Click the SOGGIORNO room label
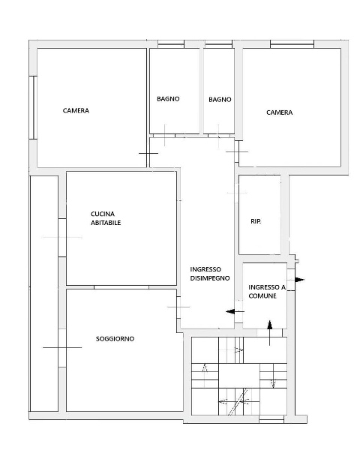point(115,339)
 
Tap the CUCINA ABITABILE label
point(106,218)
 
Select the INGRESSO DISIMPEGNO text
point(210,274)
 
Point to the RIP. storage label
point(256,221)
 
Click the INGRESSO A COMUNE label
point(267,291)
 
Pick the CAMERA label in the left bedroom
point(76,110)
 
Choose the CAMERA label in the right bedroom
point(279,112)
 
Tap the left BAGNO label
point(168,99)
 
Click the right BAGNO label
point(220,100)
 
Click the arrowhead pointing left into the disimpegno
point(230,311)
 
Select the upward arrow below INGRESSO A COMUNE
point(269,333)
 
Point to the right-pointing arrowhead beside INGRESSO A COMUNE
point(299,280)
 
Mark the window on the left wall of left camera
point(34,107)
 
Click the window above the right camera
point(292,44)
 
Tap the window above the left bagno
point(171,44)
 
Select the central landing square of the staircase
point(239,376)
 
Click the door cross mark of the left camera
point(148,153)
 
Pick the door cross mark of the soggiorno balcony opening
point(62,347)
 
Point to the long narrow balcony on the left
point(44,293)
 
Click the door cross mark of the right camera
point(237,151)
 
